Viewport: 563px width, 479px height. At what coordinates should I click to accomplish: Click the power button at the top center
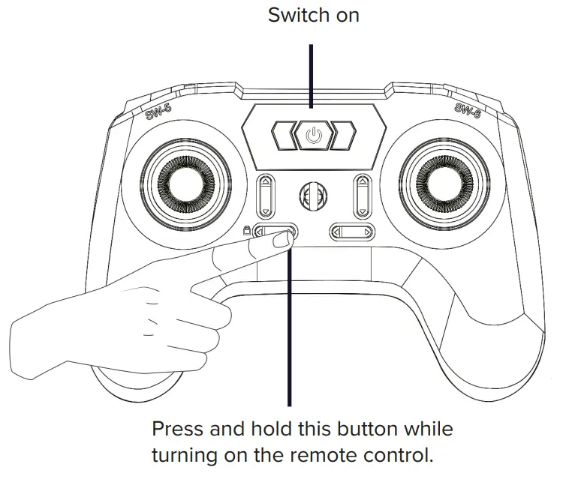314,136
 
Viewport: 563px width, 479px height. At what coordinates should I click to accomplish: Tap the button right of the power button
344,136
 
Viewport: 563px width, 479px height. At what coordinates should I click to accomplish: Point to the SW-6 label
468,109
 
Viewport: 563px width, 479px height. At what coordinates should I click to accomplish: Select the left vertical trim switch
266,196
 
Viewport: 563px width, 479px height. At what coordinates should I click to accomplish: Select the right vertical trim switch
362,196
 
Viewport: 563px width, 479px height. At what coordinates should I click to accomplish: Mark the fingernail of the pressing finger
281,240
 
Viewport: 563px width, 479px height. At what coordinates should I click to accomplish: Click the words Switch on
313,15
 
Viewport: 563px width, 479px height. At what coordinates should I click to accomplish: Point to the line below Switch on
312,75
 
